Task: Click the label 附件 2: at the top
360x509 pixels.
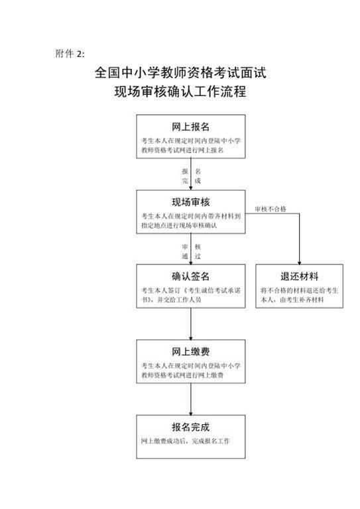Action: [70, 54]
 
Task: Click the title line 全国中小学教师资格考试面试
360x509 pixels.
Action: [180, 73]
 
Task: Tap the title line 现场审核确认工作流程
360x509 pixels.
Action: [180, 91]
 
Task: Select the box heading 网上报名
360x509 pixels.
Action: [190, 127]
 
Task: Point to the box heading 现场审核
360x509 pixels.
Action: [190, 202]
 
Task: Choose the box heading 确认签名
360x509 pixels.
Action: [190, 276]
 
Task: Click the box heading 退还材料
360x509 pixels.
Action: [299, 276]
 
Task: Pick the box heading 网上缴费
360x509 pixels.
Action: [190, 351]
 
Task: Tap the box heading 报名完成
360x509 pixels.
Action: [190, 427]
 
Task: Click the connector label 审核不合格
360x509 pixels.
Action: [270, 209]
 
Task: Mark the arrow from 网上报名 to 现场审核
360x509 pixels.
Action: [191, 174]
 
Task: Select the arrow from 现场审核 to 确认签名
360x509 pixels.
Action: [191, 249]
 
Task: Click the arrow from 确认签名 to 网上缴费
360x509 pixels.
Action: [191, 324]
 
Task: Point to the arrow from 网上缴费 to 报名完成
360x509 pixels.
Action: [191, 399]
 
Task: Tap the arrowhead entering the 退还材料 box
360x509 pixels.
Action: [299, 262]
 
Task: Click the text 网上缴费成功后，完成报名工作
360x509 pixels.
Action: [186, 441]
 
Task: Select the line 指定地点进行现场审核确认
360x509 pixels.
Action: [179, 225]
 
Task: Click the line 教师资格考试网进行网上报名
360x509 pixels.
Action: [182, 150]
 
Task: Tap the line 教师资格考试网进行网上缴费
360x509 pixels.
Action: [182, 375]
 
